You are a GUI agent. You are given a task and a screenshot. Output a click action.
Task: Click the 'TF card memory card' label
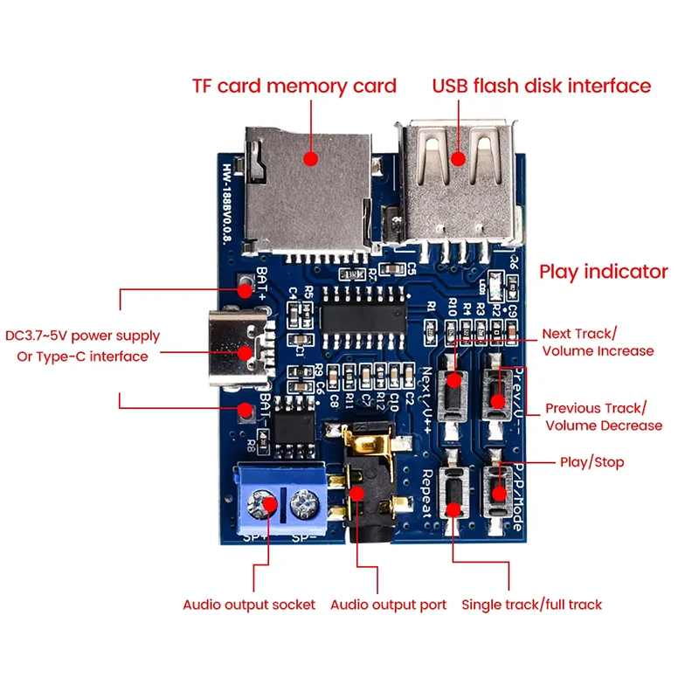[x=294, y=87]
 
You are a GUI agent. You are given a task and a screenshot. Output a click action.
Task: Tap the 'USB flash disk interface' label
[x=542, y=86]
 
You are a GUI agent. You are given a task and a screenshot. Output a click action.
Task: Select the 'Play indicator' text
[x=604, y=272]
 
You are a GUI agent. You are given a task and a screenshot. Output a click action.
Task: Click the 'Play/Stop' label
[x=592, y=461]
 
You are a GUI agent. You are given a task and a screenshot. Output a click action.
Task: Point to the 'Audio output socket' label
[x=249, y=605]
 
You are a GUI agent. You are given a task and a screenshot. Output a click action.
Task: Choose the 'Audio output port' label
[x=388, y=605]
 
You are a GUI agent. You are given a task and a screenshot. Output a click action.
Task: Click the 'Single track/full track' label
[x=531, y=605]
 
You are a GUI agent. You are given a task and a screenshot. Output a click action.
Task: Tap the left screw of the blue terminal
[x=261, y=504]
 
